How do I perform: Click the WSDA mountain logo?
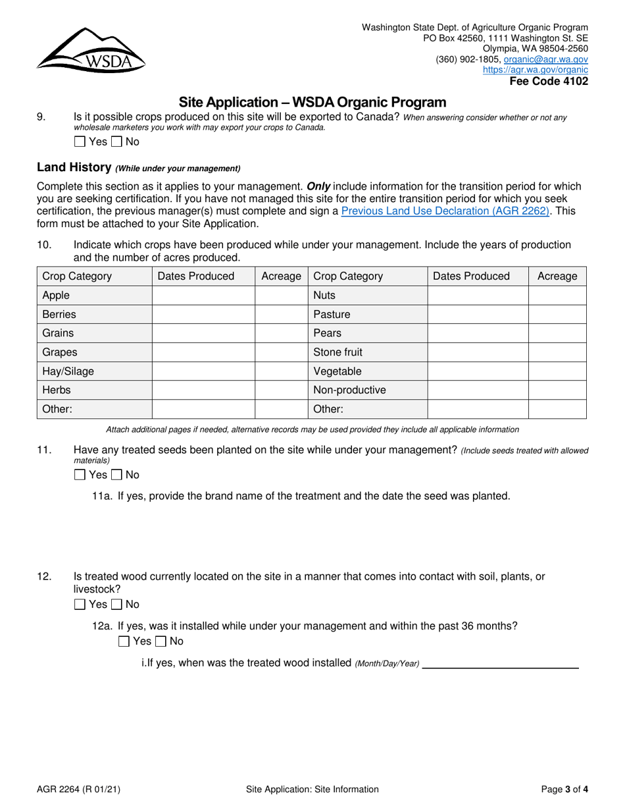coord(91,50)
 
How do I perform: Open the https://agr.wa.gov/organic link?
coord(536,69)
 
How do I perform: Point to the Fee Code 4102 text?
coord(549,82)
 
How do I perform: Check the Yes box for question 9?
coord(80,141)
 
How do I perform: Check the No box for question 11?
coord(116,475)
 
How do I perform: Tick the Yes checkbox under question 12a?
coord(124,641)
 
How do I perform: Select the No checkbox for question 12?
coord(116,605)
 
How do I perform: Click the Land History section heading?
coord(74,167)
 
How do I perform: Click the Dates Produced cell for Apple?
coord(203,296)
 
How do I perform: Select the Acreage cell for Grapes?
coord(281,352)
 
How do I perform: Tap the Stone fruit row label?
coord(337,352)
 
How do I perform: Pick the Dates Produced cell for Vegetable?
coord(478,371)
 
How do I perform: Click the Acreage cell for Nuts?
coord(557,296)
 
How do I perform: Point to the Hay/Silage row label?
coord(68,371)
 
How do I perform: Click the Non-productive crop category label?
coord(349,390)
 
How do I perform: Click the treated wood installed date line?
coord(500,663)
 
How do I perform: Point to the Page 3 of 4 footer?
coord(564,789)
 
